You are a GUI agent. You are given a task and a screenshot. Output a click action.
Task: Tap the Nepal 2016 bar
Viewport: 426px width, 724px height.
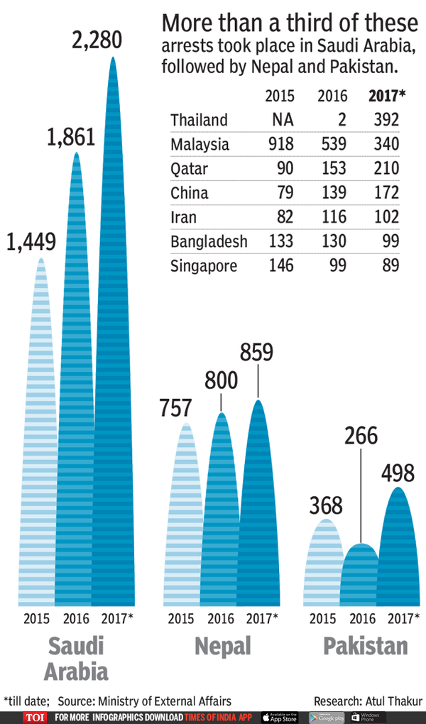pyautogui.click(x=222, y=511)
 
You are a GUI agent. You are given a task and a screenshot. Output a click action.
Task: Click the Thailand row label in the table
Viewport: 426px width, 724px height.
pyautogui.click(x=199, y=119)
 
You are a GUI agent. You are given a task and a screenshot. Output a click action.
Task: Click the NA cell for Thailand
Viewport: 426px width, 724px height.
pyautogui.click(x=283, y=119)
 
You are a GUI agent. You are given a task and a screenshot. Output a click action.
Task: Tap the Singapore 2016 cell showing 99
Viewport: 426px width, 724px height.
pyautogui.click(x=337, y=265)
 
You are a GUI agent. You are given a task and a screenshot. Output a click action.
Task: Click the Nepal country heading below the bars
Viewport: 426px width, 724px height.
pyautogui.click(x=222, y=646)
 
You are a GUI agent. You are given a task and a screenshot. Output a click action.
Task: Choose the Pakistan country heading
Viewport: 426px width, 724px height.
pyautogui.click(x=366, y=646)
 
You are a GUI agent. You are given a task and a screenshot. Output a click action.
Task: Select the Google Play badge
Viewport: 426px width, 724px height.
pyautogui.click(x=327, y=717)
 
